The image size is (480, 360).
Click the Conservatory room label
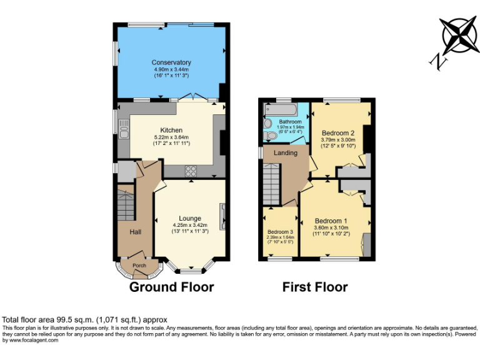(x=171, y=62)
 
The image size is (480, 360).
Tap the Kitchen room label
(x=171, y=130)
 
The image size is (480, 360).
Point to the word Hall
(x=135, y=232)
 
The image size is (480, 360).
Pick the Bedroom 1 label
(x=331, y=221)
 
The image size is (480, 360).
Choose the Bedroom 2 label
(x=338, y=133)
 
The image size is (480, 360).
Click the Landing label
(x=286, y=153)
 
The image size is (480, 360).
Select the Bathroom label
(x=290, y=122)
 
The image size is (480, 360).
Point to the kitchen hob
(x=190, y=171)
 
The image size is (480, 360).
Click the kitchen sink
(x=123, y=131)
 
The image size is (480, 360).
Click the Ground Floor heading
(x=171, y=287)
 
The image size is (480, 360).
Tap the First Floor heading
(x=315, y=287)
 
